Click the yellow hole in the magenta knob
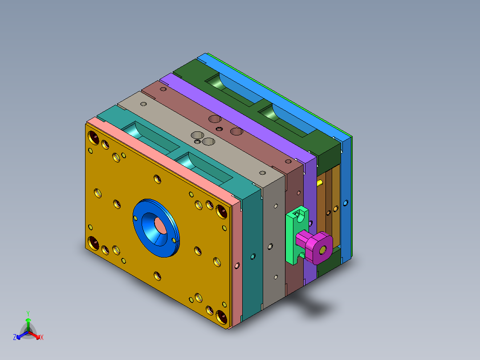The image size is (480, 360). pos(322,249)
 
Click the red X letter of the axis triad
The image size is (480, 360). pos(42,337)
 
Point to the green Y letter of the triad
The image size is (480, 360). pos(28,313)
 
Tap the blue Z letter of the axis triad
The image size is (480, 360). pos(15,337)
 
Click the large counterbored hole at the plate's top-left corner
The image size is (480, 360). pos(94,137)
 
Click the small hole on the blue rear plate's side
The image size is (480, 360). pos(346,203)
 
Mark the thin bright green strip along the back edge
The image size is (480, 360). pos(285,94)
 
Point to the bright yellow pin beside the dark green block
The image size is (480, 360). pos(320,183)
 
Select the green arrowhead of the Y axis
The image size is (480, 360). pos(28,320)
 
